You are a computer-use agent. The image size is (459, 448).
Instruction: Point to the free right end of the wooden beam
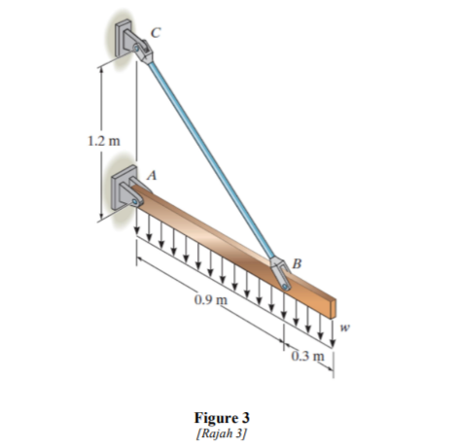333,308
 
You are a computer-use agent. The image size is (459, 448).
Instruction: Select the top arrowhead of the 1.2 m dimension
100,67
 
